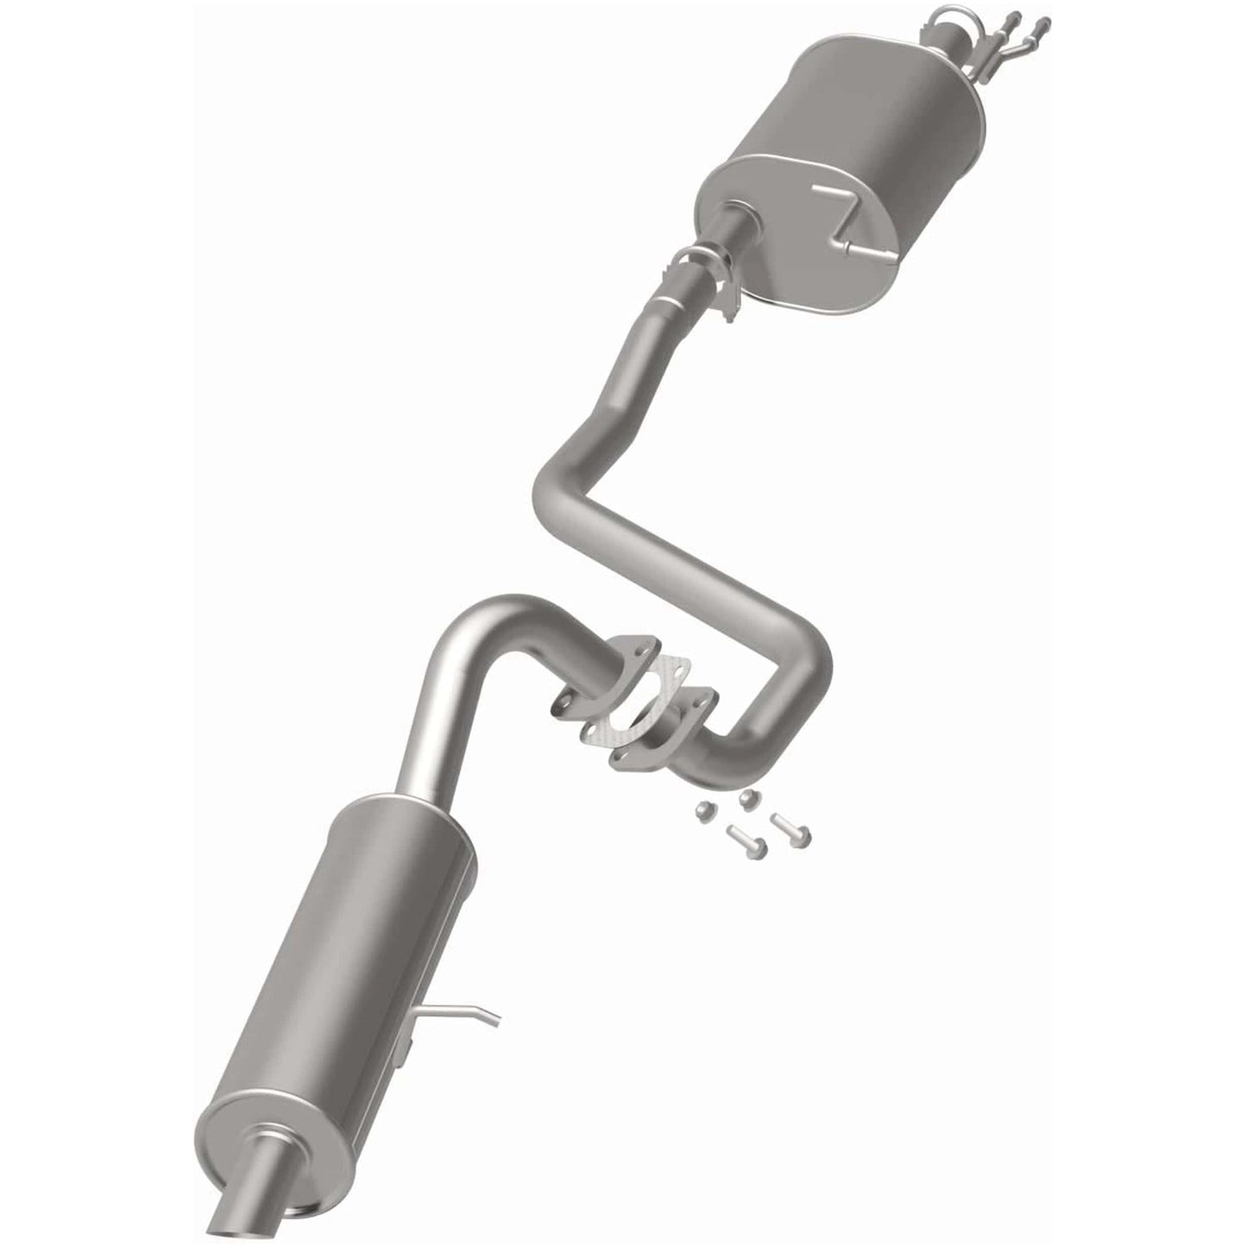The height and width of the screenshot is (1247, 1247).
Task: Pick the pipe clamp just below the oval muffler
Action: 703,272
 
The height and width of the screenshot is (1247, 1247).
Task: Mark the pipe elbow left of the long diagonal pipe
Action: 561,483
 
